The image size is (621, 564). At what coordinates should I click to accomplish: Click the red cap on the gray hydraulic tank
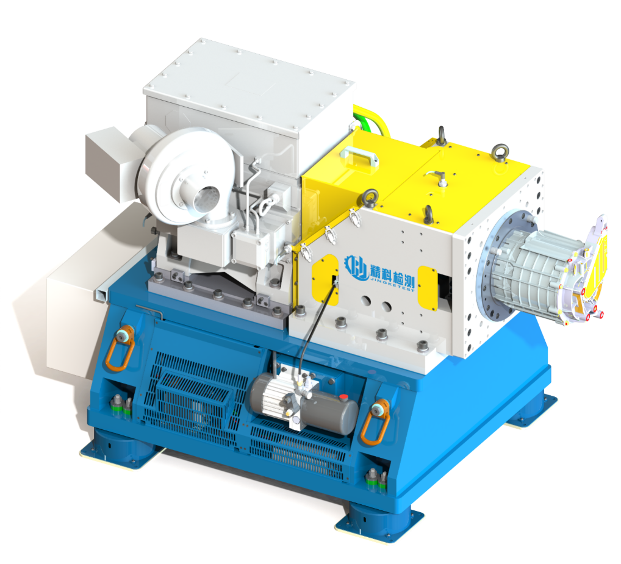[343, 396]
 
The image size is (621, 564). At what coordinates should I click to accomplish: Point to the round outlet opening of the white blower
[206, 199]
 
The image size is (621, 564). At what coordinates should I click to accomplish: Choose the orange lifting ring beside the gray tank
[375, 423]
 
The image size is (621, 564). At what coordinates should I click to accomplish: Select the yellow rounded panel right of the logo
[428, 288]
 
